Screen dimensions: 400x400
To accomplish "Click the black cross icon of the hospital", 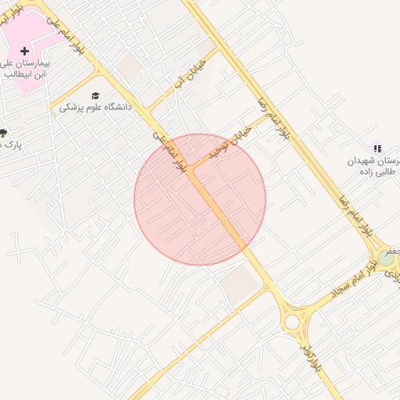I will tap(24, 51).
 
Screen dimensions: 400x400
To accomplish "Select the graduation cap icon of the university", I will tap(95, 96).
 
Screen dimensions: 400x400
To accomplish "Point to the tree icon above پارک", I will tap(3, 134).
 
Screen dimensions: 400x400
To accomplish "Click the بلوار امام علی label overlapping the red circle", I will tap(173, 153).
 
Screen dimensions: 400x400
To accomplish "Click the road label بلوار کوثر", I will tap(310, 355).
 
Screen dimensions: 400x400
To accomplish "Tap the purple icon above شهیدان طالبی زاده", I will tap(377, 148).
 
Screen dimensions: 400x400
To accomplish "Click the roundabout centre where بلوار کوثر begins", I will tap(292, 321).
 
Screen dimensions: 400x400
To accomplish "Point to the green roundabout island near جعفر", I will tap(385, 257).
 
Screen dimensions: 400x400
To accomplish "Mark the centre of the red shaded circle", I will tap(200, 199).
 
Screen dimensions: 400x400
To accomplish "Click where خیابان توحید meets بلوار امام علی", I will tap(189, 168).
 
